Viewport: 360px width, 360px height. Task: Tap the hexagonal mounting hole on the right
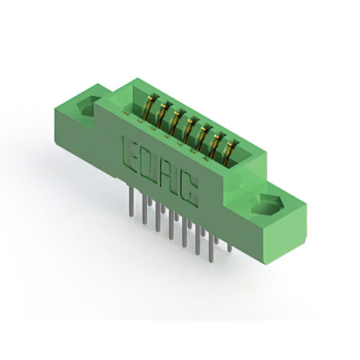[266, 205]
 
